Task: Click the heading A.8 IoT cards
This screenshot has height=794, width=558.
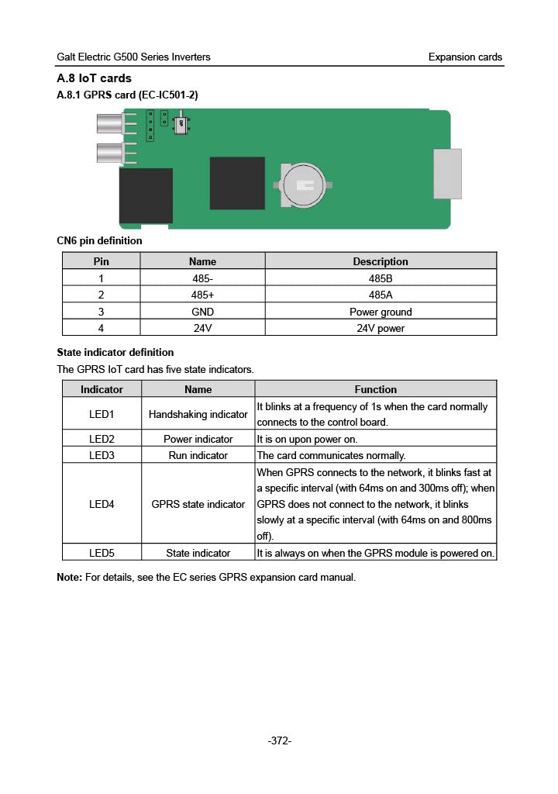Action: (x=95, y=78)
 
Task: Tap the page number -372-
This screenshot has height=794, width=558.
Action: (x=279, y=741)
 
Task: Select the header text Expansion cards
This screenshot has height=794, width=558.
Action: (x=465, y=57)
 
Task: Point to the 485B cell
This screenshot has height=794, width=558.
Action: (x=380, y=278)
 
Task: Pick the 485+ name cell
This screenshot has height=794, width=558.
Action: (x=202, y=295)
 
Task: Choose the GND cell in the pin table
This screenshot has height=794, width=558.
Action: (x=202, y=312)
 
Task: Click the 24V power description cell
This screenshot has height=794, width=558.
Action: (x=380, y=328)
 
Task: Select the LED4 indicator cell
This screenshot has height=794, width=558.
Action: (x=102, y=504)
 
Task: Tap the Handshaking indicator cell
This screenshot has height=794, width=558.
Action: (x=198, y=414)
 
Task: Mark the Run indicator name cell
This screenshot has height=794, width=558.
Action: (x=198, y=455)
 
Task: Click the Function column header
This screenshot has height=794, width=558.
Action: (x=375, y=389)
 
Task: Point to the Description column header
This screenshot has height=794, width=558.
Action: (x=380, y=261)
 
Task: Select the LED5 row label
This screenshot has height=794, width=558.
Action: (x=102, y=553)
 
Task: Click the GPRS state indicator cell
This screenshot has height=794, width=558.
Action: (x=198, y=504)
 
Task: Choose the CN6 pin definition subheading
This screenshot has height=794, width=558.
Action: (x=100, y=240)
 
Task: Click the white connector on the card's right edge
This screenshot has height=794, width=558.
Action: (x=447, y=174)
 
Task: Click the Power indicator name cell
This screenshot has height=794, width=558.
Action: (x=198, y=439)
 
